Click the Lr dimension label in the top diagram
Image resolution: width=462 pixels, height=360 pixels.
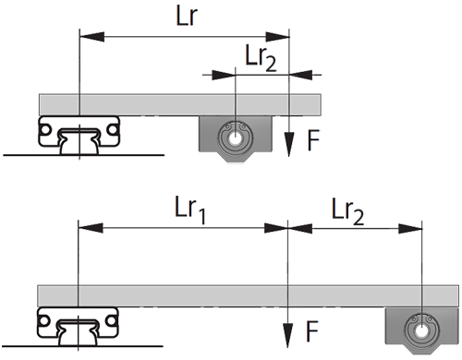coord(187,16)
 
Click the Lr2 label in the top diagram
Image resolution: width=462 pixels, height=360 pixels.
coord(261,58)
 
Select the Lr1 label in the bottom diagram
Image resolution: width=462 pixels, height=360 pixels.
coord(190,210)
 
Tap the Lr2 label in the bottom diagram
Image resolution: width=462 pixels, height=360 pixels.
coord(347,211)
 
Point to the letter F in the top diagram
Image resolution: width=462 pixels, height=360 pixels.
coord(313,140)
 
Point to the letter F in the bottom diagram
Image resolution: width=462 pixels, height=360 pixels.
coord(312,331)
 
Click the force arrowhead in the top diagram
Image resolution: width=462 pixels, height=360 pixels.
coord(288,144)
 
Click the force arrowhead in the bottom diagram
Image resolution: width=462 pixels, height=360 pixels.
coord(287,336)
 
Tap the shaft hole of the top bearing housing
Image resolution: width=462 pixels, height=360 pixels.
coord(236,138)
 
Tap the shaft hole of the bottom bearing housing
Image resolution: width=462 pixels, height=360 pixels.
coord(421,331)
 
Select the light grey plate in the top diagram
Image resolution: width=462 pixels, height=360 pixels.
coord(180,105)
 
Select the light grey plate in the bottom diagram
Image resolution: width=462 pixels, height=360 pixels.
coord(249,296)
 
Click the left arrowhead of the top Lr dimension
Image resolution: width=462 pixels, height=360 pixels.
coord(91,37)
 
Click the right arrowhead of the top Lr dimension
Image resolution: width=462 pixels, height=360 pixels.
coord(277,37)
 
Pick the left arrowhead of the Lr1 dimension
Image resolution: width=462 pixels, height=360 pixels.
coord(91,228)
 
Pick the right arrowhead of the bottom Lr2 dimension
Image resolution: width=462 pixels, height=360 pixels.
coord(410,229)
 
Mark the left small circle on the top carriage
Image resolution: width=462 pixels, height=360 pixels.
coord(45,129)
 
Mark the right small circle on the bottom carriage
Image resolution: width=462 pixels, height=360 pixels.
coord(111,321)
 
